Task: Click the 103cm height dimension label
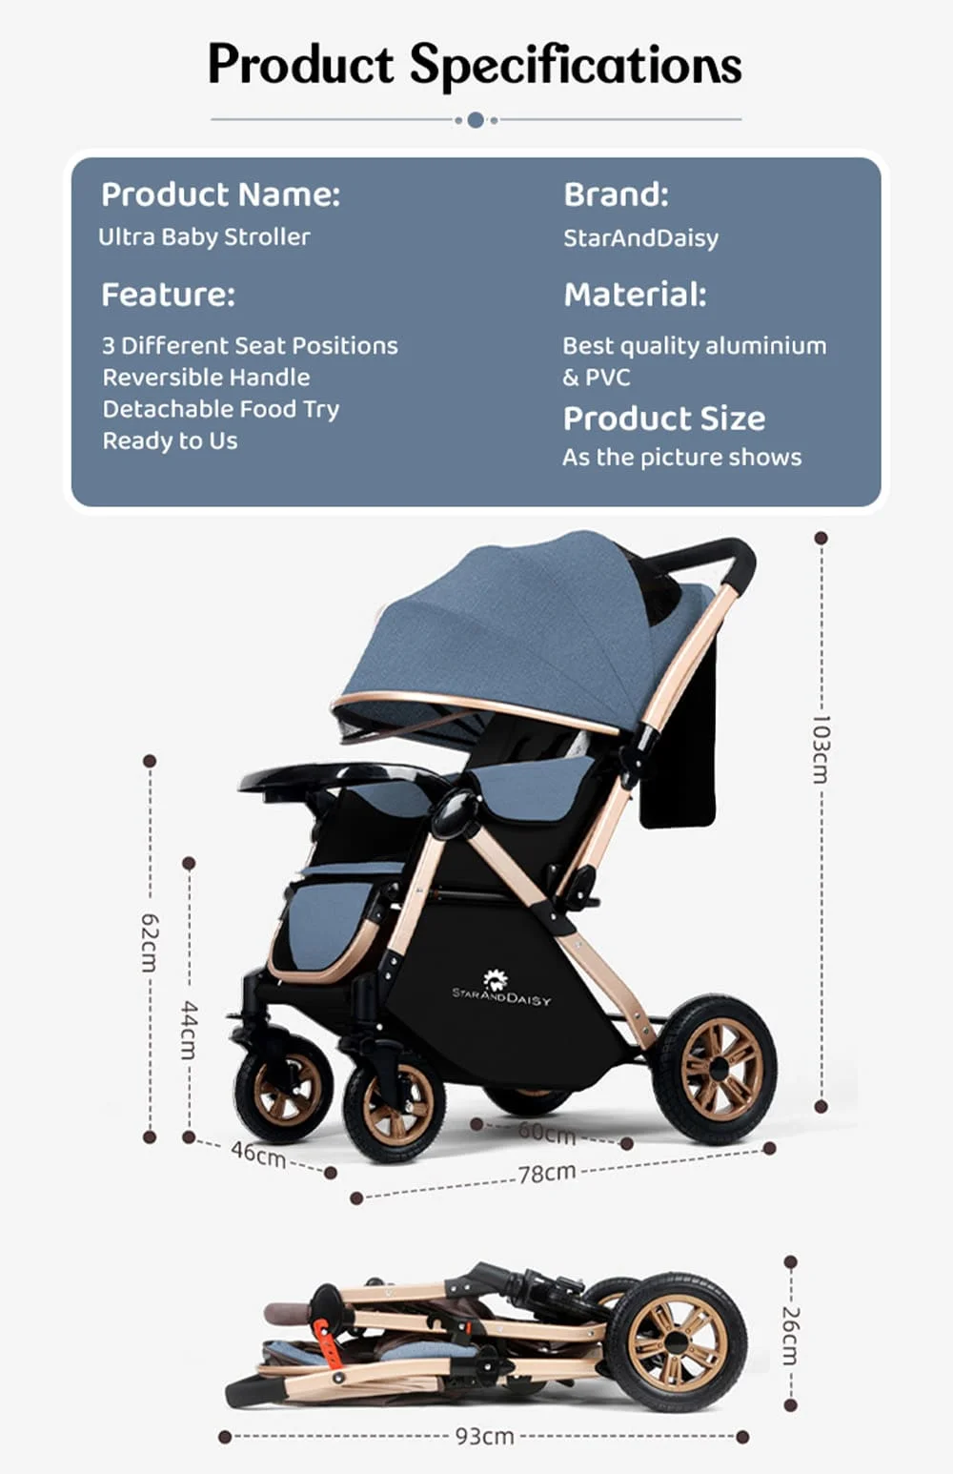(821, 748)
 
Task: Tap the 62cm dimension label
(150, 942)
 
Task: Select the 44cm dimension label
(189, 1030)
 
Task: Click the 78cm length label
(546, 1173)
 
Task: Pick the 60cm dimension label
(547, 1134)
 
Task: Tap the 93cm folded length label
(484, 1436)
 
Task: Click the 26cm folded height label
(790, 1335)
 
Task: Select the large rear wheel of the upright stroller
(714, 1069)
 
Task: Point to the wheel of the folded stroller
(676, 1341)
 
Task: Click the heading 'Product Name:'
(220, 194)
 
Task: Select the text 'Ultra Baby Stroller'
(204, 236)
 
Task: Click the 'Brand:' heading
(616, 194)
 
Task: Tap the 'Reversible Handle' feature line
(206, 377)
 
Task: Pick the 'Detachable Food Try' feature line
(220, 409)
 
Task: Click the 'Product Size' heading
(663, 419)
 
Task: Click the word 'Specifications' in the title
(576, 65)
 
